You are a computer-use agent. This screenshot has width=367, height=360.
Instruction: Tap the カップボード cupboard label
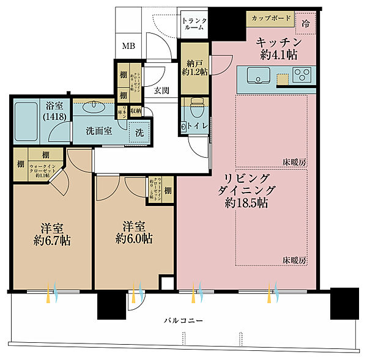271,18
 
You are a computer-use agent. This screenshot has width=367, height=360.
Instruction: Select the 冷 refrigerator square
306,23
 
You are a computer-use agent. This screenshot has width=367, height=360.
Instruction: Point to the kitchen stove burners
302,76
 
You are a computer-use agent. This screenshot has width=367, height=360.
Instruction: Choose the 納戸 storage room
195,67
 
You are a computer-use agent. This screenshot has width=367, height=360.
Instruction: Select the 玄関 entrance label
161,91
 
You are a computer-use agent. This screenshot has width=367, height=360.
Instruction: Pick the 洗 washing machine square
140,131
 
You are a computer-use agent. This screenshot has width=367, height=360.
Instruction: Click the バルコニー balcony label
183,320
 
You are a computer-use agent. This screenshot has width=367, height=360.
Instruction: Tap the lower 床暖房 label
294,260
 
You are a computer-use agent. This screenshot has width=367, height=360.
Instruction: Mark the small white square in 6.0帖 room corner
166,283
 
